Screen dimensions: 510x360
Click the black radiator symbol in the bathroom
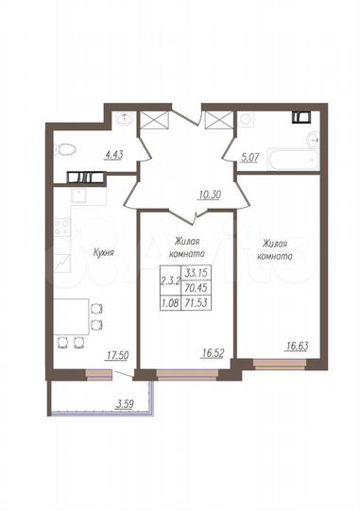301,118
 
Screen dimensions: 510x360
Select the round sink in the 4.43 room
126,118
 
